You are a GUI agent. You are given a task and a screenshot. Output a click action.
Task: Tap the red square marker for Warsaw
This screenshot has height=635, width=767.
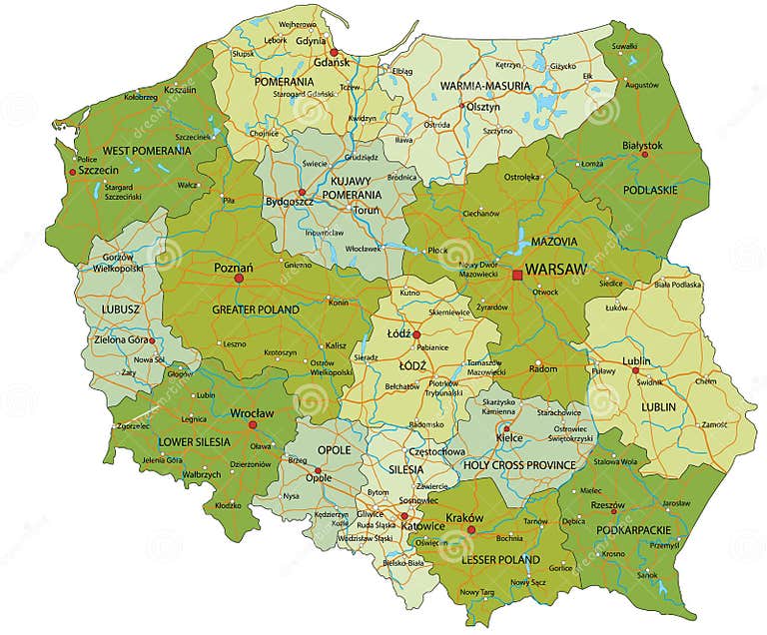click(517, 275)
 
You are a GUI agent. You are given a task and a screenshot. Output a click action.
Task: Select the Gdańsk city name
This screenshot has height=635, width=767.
click(330, 62)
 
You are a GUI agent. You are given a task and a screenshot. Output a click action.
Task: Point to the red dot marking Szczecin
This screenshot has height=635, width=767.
click(72, 172)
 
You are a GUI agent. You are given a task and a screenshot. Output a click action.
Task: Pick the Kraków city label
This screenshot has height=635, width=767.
click(465, 517)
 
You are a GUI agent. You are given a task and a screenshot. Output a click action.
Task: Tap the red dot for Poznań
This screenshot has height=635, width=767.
click(239, 279)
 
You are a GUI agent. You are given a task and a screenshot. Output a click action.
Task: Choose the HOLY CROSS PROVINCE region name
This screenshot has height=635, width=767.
click(519, 465)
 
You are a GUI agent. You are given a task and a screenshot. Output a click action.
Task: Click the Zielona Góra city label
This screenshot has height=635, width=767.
click(126, 339)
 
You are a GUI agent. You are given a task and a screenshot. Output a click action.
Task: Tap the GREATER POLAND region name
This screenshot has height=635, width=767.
click(255, 311)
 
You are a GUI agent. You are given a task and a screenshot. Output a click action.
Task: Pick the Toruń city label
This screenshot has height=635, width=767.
click(365, 211)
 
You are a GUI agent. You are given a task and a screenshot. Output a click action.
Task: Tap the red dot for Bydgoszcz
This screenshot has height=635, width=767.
click(302, 192)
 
